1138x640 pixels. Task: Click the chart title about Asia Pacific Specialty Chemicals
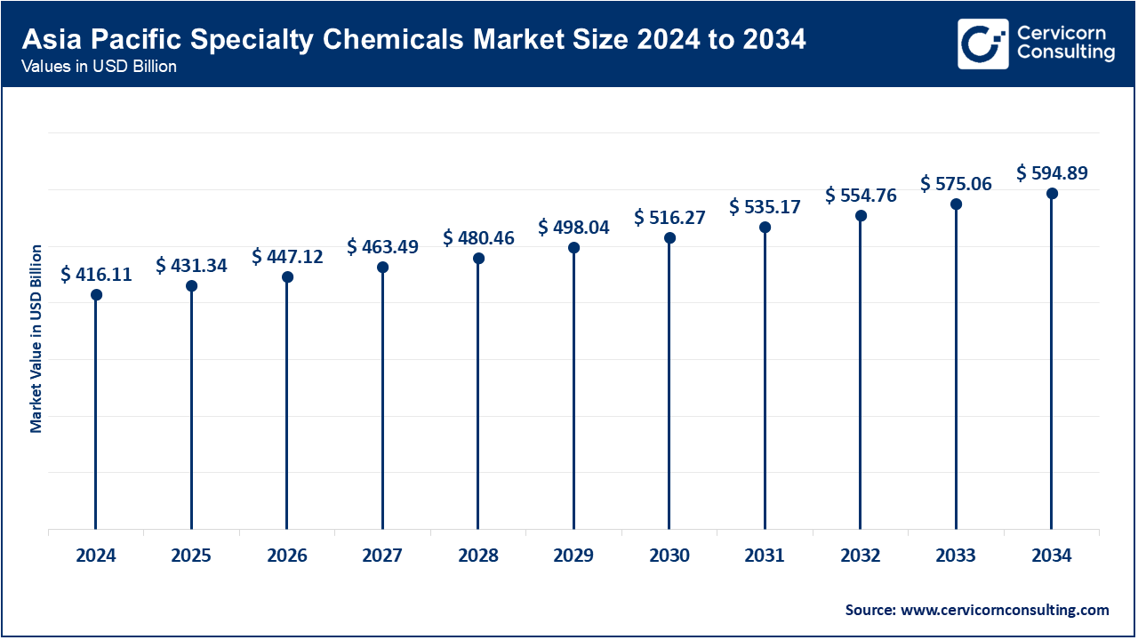[414, 40]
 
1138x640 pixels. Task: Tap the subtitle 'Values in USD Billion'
[100, 68]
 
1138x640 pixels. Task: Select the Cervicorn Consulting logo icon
[982, 44]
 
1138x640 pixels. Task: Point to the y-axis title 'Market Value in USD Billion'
[36, 338]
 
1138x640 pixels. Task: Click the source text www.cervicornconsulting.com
[977, 610]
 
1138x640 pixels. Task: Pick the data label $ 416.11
[96, 275]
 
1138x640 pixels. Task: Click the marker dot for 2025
[191, 286]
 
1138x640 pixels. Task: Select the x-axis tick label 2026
[287, 556]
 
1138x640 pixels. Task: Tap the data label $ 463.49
[382, 246]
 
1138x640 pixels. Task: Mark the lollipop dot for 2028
[478, 259]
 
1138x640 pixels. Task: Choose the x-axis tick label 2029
[573, 556]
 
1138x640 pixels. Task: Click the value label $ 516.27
[669, 217]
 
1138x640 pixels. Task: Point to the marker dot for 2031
[765, 228]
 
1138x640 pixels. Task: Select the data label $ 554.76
[861, 195]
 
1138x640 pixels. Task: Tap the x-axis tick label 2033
[956, 556]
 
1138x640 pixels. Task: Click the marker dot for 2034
[1052, 194]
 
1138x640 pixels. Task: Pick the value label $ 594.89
[1052, 172]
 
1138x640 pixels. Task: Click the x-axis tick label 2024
[96, 556]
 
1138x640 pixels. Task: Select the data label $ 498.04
[573, 228]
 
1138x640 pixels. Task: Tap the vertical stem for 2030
[669, 382]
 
